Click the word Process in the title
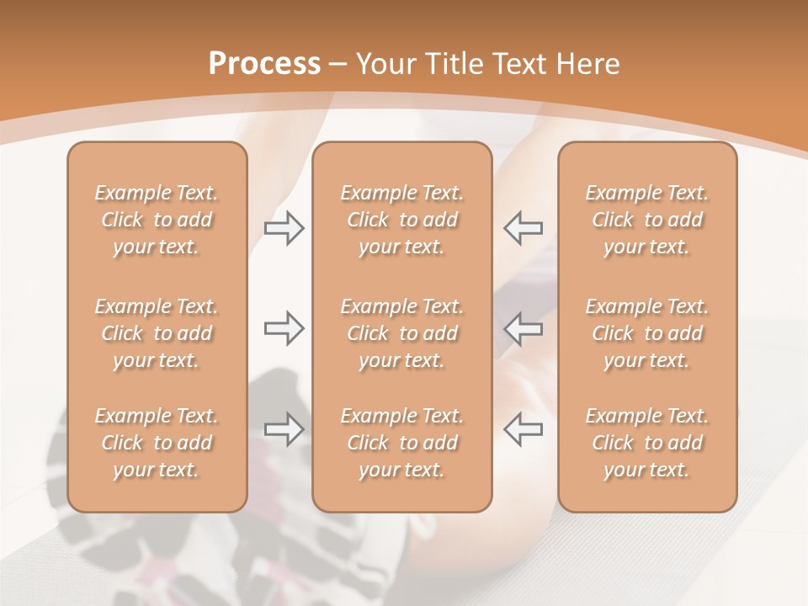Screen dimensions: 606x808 (264, 64)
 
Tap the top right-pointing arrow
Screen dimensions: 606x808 (284, 228)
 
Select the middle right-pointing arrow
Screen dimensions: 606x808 (284, 328)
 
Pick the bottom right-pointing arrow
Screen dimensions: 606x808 (284, 429)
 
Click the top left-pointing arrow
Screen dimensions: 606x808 (524, 228)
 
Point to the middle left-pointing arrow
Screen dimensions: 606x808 (524, 328)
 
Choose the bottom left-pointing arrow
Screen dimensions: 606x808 (524, 429)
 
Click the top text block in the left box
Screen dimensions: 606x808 (157, 220)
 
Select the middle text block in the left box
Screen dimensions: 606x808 (157, 333)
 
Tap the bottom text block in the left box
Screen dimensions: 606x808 (157, 443)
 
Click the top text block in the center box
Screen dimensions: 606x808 (401, 220)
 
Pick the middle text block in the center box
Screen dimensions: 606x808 (401, 333)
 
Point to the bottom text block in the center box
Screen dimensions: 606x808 (401, 443)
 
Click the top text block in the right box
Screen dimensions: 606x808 (647, 220)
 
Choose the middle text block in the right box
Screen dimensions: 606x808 (647, 333)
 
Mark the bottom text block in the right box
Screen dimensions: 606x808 (647, 443)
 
